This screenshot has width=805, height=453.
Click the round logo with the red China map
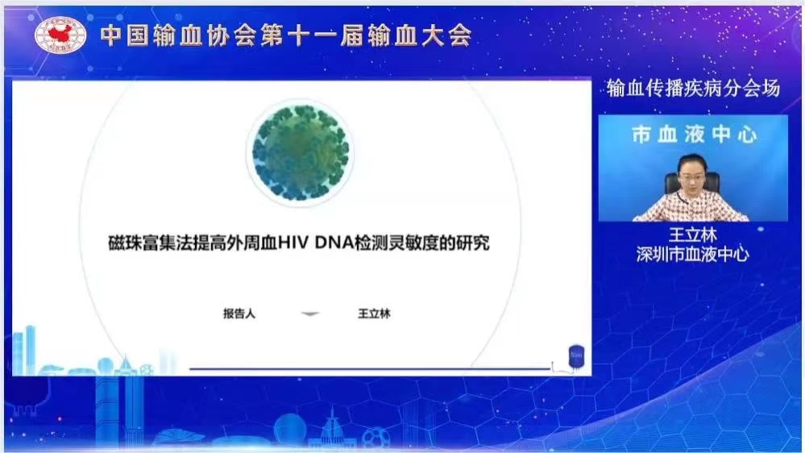pyautogui.click(x=60, y=35)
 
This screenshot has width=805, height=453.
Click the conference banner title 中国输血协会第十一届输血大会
pyautogui.click(x=286, y=36)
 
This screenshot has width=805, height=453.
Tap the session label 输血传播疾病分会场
pyautogui.click(x=693, y=89)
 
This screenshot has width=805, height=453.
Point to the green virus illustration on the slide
pyautogui.click(x=301, y=152)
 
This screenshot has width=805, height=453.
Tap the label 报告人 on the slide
pyautogui.click(x=239, y=314)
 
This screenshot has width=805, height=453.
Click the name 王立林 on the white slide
pyautogui.click(x=374, y=314)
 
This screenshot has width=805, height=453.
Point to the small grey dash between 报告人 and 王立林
pyautogui.click(x=310, y=314)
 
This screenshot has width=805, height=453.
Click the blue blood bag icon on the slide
pyautogui.click(x=576, y=356)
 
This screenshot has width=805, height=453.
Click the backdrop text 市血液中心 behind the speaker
pyautogui.click(x=694, y=135)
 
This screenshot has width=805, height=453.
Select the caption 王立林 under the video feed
pyautogui.click(x=692, y=235)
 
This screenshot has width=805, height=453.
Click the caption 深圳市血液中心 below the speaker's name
pyautogui.click(x=692, y=254)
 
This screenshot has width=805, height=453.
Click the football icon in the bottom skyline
pyautogui.click(x=376, y=439)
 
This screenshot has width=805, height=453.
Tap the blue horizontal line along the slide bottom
pyautogui.click(x=370, y=368)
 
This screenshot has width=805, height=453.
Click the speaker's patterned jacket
pyautogui.click(x=691, y=206)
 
